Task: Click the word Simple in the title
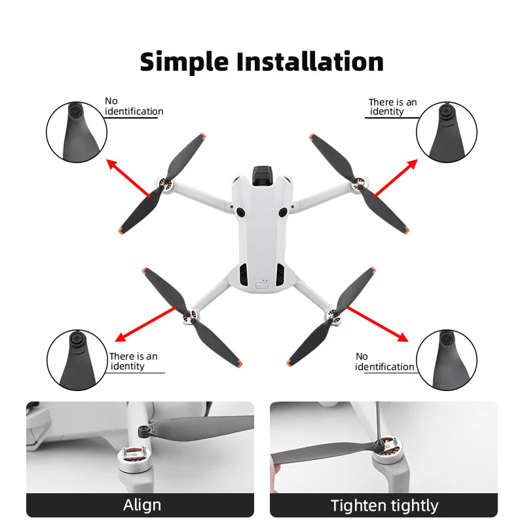(x=184, y=62)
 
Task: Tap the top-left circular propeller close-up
(x=76, y=132)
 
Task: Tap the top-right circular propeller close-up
(x=447, y=132)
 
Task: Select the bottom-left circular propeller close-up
(x=77, y=360)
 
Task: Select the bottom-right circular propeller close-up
(x=447, y=360)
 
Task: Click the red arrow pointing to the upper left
(x=128, y=177)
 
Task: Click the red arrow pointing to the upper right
(x=395, y=177)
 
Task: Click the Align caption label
(x=141, y=505)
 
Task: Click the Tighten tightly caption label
(x=384, y=505)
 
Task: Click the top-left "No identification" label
(x=134, y=106)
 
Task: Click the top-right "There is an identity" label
(x=392, y=107)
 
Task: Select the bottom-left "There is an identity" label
(x=133, y=361)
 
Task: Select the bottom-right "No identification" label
(x=384, y=362)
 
